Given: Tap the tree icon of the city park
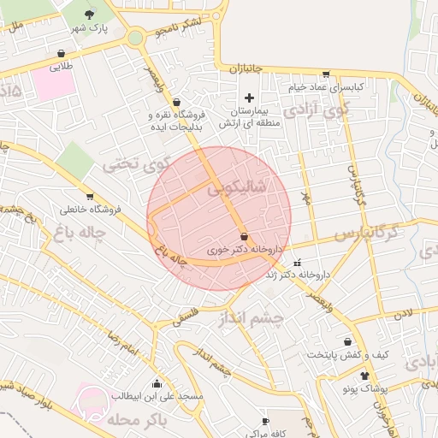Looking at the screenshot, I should pyautogui.click(x=91, y=14).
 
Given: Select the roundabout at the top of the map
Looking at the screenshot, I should pyautogui.click(x=135, y=37).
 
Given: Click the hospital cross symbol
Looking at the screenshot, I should pyautogui.click(x=249, y=98).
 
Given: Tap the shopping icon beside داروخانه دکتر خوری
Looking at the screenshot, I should pyautogui.click(x=245, y=236).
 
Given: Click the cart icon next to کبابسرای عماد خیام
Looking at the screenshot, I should pyautogui.click(x=325, y=74).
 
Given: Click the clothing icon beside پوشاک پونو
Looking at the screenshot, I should pyautogui.click(x=365, y=375).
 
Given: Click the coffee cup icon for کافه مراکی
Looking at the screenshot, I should pyautogui.click(x=265, y=420).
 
